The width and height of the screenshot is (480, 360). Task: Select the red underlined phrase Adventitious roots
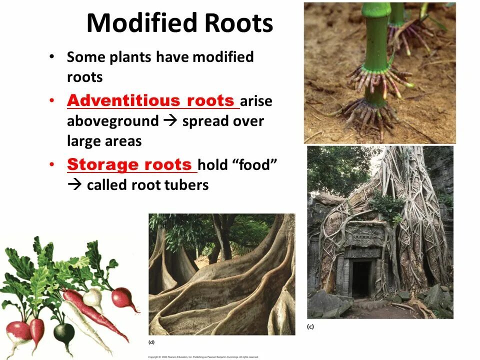pos(150,100)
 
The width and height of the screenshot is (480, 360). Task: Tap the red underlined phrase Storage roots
pos(130,164)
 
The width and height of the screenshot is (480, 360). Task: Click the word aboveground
pos(112,121)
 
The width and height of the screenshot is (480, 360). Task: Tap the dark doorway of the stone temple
pos(360,278)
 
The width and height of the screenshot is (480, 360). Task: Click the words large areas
pos(104,141)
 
